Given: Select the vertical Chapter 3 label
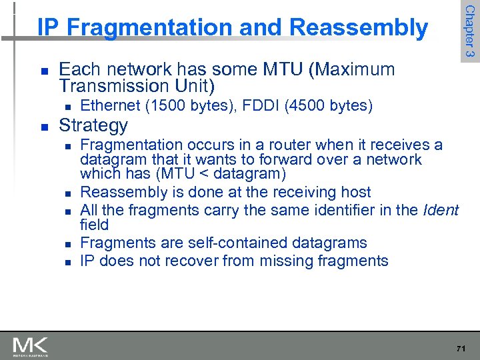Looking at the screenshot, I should click(x=469, y=31).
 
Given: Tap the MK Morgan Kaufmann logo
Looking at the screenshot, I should click(x=30, y=346).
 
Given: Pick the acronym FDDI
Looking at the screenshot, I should click(x=257, y=105).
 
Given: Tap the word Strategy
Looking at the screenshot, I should click(x=93, y=125).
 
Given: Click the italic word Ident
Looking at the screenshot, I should click(x=441, y=211).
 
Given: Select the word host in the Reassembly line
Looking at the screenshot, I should click(x=355, y=192).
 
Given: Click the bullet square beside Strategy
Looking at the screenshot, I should click(x=43, y=126).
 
